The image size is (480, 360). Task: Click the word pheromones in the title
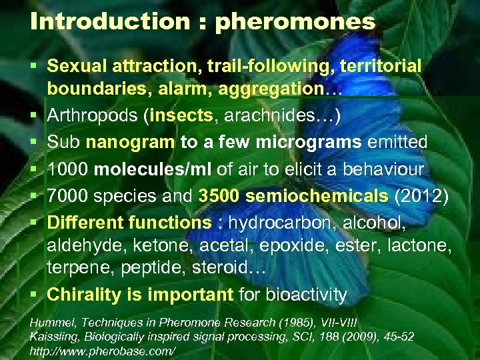click(295, 22)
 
